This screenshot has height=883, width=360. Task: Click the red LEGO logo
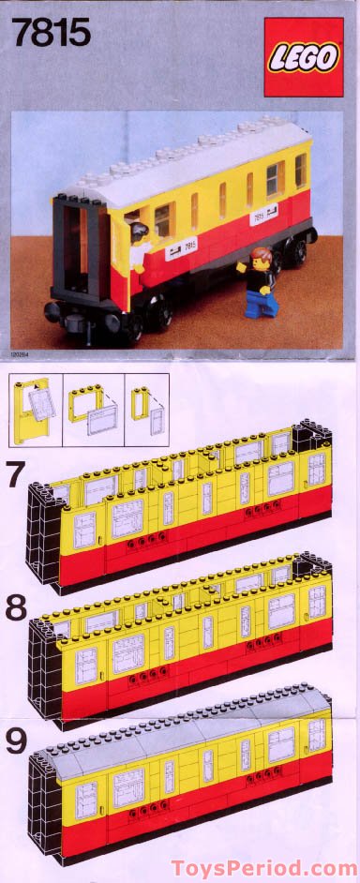point(303,57)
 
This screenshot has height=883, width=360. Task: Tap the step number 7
point(16,475)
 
